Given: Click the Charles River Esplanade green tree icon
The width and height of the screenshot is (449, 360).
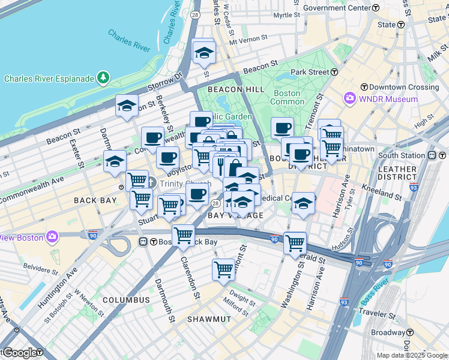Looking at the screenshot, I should (104, 78).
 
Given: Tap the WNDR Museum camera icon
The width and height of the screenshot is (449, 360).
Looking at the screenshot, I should (349, 98).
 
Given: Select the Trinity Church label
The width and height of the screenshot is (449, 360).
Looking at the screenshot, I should (185, 184).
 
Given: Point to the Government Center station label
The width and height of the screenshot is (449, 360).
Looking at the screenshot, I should (337, 8).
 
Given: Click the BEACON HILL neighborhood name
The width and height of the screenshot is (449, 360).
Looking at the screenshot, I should (236, 89).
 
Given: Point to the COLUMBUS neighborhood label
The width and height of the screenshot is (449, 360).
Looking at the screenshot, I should (126, 299).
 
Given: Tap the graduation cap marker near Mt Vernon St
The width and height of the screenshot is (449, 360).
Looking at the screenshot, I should (204, 53).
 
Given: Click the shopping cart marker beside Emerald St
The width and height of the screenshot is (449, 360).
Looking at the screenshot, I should (295, 242).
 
